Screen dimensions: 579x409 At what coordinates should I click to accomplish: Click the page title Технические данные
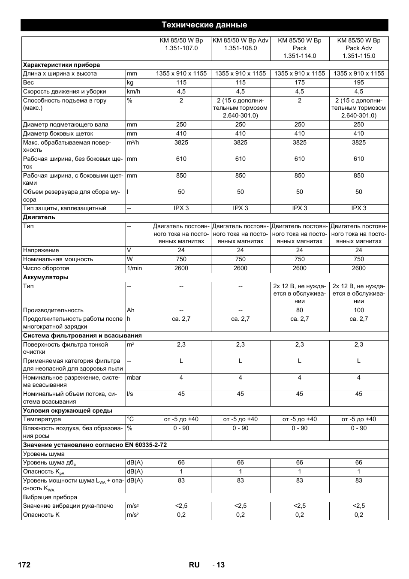coord(204,25)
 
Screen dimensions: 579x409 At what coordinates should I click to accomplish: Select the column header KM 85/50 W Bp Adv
coord(240,40)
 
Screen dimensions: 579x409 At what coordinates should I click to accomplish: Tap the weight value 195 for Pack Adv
coord(358,82)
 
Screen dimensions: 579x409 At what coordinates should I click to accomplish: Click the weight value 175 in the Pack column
coord(299,82)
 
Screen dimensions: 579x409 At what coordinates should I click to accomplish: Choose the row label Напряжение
coord(41,250)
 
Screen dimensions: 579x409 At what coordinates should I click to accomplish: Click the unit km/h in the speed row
coord(133,91)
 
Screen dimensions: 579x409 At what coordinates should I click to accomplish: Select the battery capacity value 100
coord(358,310)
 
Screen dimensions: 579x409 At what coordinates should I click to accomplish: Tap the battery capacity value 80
coord(299,310)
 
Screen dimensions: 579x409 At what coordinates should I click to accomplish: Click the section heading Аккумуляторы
coord(45,277)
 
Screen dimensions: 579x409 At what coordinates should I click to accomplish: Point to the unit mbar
coord(134,377)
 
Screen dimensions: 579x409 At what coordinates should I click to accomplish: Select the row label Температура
coord(42,419)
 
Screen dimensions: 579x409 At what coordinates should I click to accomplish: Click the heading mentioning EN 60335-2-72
coord(95,445)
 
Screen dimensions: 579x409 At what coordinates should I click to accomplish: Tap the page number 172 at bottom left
coord(24,565)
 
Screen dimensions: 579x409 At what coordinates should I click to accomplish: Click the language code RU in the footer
coord(194,565)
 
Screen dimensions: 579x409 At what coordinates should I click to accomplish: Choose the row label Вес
coord(28,82)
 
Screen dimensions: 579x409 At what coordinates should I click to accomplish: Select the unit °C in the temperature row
coord(130,419)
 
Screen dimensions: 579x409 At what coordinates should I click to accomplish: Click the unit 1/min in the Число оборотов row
coord(134,268)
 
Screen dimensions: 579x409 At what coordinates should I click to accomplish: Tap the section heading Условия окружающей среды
coord(67,410)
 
